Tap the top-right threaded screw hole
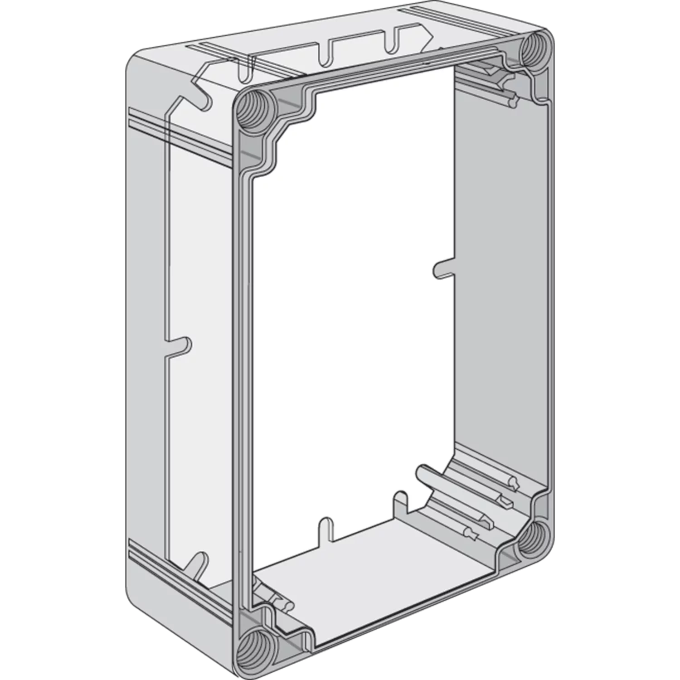click(536, 51)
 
